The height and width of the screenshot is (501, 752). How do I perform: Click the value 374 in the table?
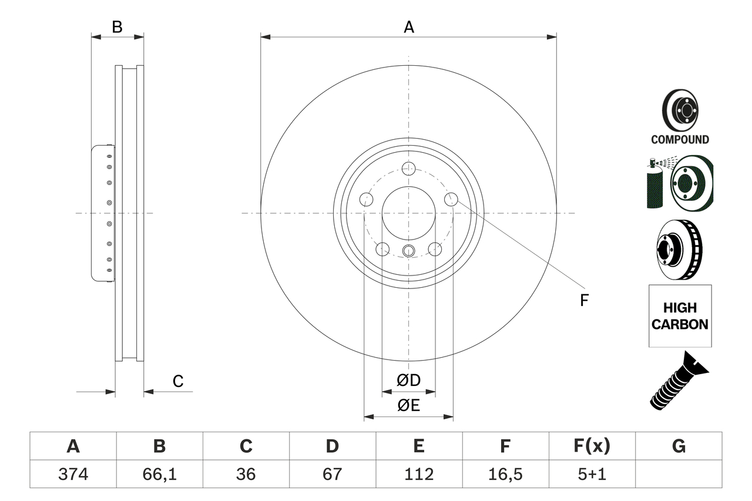(73, 474)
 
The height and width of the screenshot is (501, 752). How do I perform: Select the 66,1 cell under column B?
(159, 474)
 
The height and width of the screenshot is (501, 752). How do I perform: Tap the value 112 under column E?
(418, 474)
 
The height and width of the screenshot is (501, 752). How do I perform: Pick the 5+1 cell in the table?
(592, 474)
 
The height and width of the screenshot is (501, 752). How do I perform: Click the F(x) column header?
(592, 446)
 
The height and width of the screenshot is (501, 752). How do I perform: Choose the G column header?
(679, 446)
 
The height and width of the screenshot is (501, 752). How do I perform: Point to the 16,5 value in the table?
(505, 474)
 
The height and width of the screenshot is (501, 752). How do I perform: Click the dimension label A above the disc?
(408, 27)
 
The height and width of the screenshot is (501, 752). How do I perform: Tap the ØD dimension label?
(409, 381)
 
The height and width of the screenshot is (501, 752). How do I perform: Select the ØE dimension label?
(409, 405)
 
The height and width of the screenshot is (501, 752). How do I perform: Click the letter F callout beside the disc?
(583, 301)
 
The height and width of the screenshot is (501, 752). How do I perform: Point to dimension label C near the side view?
(178, 381)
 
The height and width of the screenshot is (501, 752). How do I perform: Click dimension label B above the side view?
(117, 27)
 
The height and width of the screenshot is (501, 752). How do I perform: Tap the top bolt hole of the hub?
(408, 169)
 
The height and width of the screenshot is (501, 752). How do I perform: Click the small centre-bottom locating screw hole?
(408, 251)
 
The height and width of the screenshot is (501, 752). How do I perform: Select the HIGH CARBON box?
(680, 316)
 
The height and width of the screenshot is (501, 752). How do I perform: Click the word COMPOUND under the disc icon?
(680, 140)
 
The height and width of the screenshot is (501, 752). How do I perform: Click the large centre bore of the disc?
(408, 213)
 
